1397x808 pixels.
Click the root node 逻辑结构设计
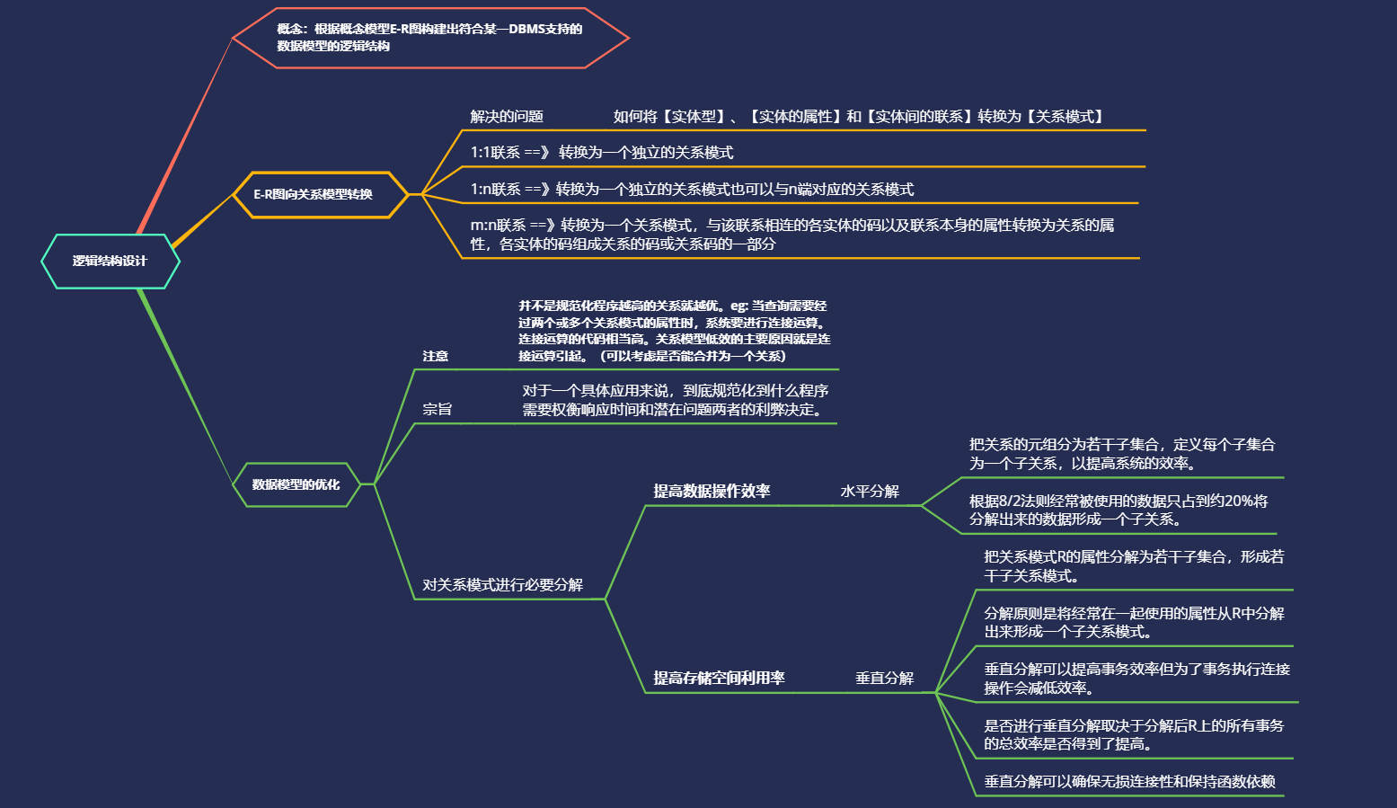(110, 262)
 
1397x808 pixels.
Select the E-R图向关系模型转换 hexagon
(313, 194)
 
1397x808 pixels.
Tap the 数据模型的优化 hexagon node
(296, 484)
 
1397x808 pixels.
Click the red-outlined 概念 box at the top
(429, 38)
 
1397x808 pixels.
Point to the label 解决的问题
(507, 117)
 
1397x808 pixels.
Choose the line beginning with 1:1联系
(602, 153)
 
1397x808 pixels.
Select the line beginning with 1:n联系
(692, 190)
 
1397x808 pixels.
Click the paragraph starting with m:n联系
(791, 235)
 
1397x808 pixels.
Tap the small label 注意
(436, 357)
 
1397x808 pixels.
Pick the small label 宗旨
(438, 410)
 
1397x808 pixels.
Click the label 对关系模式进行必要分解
(502, 585)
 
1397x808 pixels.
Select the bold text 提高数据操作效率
(712, 492)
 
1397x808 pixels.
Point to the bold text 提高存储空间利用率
(719, 679)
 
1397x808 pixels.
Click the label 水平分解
(870, 492)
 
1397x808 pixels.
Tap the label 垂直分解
(884, 679)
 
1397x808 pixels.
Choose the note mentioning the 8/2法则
(1118, 510)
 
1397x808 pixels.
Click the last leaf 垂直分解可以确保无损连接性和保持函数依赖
(1129, 782)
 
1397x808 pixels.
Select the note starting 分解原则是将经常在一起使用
(1134, 622)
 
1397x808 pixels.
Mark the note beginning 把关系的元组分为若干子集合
(1121, 454)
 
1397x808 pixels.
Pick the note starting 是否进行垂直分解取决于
(1134, 734)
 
